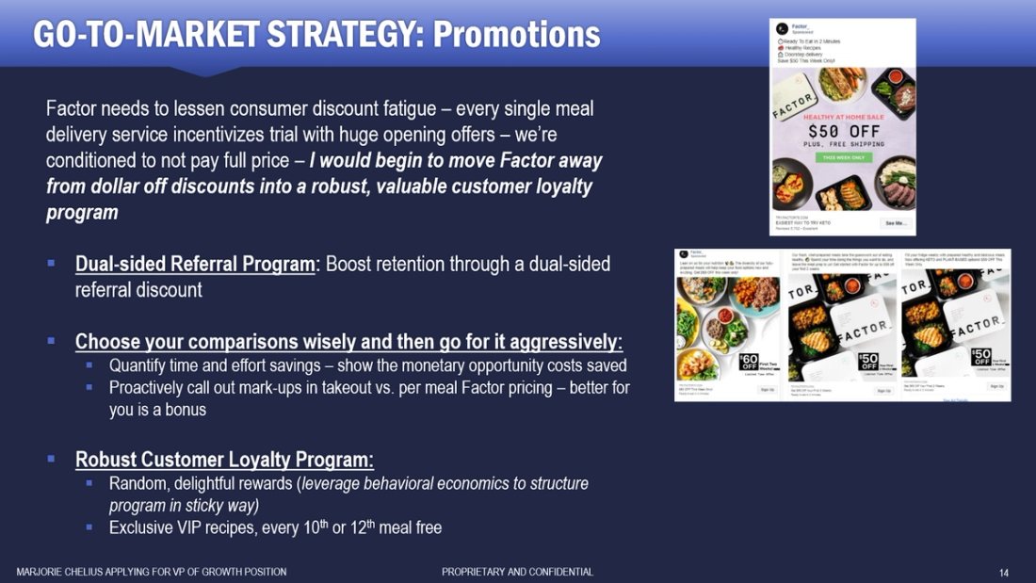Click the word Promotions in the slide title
516,34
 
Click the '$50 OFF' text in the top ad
843,131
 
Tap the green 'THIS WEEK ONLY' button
843,157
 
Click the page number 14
1004,572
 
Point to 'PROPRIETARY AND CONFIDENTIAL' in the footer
517,572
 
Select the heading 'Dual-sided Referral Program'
195,264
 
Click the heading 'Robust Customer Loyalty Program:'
224,460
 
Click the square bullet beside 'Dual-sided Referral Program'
52,264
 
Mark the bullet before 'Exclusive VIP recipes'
89,527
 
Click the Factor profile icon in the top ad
782,28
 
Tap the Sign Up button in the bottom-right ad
996,386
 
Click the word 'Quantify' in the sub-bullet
138,364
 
